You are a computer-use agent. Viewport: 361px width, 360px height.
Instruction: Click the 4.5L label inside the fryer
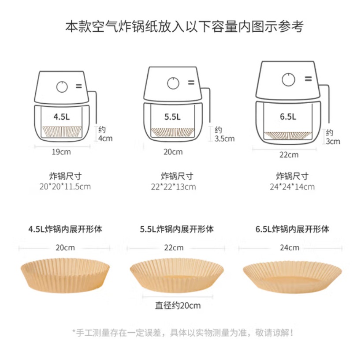61,116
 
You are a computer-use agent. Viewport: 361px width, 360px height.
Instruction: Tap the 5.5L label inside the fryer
172,117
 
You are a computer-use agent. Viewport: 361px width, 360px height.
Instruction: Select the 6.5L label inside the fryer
288,116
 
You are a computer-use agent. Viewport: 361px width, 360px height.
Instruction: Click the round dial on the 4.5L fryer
62,87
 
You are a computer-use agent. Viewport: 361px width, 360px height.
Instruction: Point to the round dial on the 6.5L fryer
288,79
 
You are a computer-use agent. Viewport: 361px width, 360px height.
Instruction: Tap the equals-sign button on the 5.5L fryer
191,82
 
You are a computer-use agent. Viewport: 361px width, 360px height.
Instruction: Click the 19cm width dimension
61,152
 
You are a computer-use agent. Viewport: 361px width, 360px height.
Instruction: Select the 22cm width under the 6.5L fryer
289,155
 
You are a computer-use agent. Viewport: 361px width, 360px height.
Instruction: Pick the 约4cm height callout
105,134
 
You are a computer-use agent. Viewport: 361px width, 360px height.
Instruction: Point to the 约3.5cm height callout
224,134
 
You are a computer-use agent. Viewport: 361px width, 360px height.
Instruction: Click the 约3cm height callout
333,137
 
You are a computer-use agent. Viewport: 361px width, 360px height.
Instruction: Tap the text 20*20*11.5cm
65,187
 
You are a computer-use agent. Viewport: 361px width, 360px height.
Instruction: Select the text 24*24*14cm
292,187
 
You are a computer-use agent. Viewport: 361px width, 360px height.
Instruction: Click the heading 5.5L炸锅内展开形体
177,229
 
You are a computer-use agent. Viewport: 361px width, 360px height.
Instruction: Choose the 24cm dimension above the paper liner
290,248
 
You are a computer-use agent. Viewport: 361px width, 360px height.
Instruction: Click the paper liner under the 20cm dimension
65,275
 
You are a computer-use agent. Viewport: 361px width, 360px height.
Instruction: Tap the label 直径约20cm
178,305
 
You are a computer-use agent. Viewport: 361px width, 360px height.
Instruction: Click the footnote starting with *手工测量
183,333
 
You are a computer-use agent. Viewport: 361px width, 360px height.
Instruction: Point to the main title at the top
185,26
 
